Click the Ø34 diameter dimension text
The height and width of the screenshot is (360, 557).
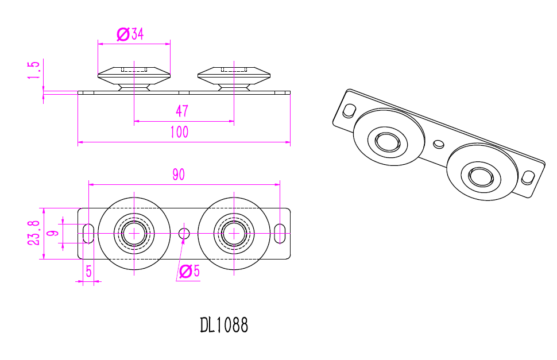[130, 34]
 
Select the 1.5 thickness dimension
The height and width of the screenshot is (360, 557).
[35, 70]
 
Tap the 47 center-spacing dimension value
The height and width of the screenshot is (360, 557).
[181, 111]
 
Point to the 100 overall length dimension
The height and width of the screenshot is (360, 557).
[179, 133]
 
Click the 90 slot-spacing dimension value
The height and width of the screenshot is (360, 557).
[179, 175]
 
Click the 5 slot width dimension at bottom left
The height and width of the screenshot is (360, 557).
[89, 272]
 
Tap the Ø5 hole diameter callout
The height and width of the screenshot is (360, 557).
[189, 272]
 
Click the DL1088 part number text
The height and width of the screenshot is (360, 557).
[225, 326]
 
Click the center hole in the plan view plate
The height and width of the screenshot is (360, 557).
[184, 233]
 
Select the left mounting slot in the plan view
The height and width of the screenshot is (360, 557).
[88, 233]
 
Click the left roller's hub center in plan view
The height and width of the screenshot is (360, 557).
[134, 233]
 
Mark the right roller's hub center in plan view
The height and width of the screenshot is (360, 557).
[234, 233]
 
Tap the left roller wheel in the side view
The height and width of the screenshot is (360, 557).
[134, 74]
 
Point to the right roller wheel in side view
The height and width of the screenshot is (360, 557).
[234, 74]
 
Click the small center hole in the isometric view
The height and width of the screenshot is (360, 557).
[439, 143]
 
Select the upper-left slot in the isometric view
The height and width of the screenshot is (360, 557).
[349, 110]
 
